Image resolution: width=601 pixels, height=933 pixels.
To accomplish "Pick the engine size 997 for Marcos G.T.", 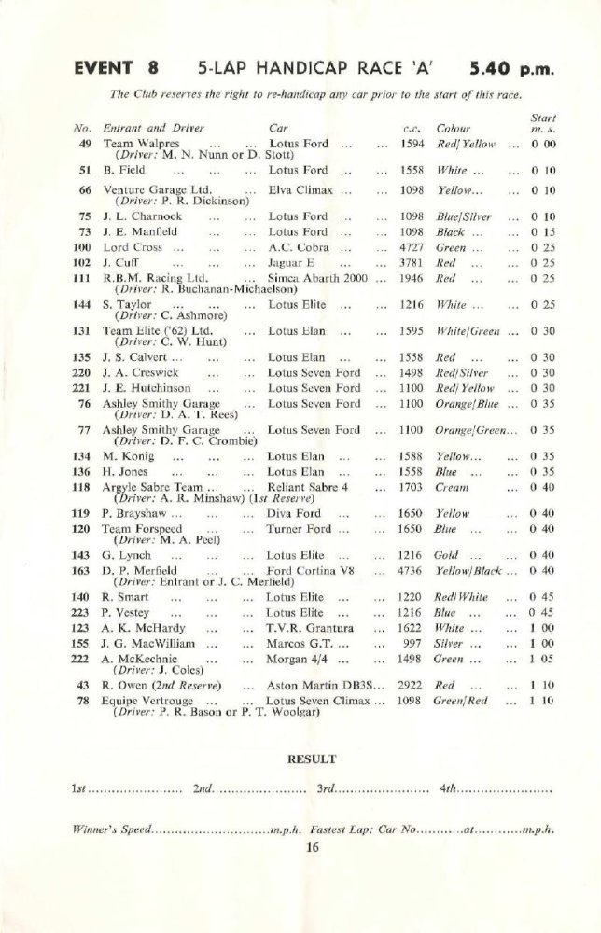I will pos(416,643).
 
